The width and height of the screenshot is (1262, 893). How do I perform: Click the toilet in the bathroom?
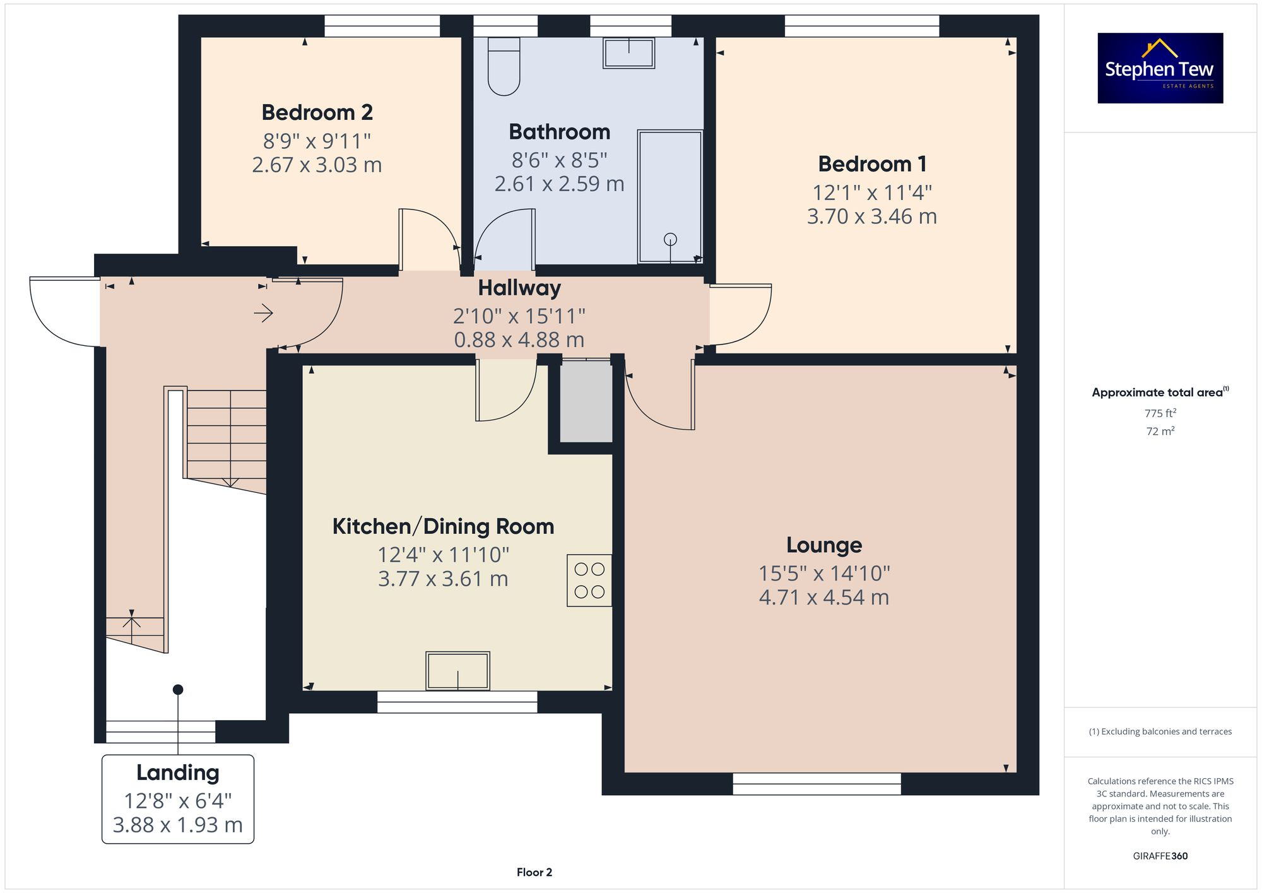pyautogui.click(x=504, y=67)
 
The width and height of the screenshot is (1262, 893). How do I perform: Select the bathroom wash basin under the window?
pyautogui.click(x=628, y=53)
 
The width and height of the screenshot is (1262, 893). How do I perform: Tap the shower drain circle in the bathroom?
pyautogui.click(x=670, y=239)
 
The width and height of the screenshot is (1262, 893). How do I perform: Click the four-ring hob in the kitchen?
pyautogui.click(x=589, y=580)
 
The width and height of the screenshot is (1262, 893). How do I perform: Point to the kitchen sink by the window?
pyautogui.click(x=458, y=670)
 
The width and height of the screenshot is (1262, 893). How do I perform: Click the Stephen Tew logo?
pyautogui.click(x=1160, y=68)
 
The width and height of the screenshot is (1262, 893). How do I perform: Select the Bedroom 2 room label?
pyautogui.click(x=317, y=112)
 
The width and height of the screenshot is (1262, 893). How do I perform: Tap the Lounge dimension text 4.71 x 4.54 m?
pyautogui.click(x=823, y=597)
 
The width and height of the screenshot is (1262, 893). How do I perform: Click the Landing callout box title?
pyautogui.click(x=178, y=772)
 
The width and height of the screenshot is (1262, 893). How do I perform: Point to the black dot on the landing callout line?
pyautogui.click(x=178, y=690)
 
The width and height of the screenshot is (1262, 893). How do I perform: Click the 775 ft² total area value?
pyautogui.click(x=1160, y=413)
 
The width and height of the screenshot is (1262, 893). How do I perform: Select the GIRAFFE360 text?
pyautogui.click(x=1160, y=856)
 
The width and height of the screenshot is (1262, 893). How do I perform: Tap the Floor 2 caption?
pyautogui.click(x=534, y=872)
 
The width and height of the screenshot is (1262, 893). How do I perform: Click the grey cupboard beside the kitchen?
pyautogui.click(x=586, y=402)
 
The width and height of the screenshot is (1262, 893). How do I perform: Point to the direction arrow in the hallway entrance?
pyautogui.click(x=263, y=313)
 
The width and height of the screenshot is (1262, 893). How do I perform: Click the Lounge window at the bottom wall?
pyautogui.click(x=817, y=784)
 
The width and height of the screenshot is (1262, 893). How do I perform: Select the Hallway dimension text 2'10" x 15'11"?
pyautogui.click(x=519, y=316)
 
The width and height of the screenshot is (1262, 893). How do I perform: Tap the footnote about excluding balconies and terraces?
pyautogui.click(x=1160, y=731)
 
